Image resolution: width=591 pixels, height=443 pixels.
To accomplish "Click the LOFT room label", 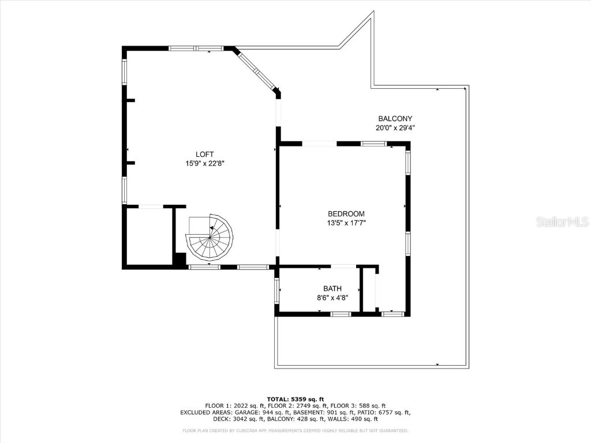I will pos(204,154).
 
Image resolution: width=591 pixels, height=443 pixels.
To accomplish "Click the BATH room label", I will pos(332,288).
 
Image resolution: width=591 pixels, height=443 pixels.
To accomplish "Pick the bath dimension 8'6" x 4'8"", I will pos(332,298).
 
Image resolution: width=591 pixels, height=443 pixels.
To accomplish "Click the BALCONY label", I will pos(395,119).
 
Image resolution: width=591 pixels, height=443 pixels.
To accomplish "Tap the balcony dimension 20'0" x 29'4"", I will pos(395,128).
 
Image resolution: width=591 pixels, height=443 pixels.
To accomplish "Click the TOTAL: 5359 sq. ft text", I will pos(295,399).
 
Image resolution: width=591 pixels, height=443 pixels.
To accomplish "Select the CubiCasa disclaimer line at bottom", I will pos(295,430).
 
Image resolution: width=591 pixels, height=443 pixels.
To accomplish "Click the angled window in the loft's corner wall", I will pos(257,70).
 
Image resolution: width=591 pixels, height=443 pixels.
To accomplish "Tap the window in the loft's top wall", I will pos(196,48).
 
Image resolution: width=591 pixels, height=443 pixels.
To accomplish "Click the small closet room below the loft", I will pos(148,236).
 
